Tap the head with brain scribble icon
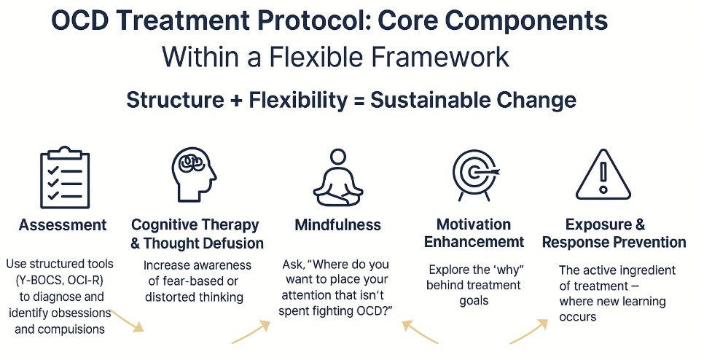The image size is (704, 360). point(194,176)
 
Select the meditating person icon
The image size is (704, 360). point(337,178)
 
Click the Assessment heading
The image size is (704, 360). point(63,225)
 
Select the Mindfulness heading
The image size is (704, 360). point(337,225)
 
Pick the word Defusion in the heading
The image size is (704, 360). point(227,243)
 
